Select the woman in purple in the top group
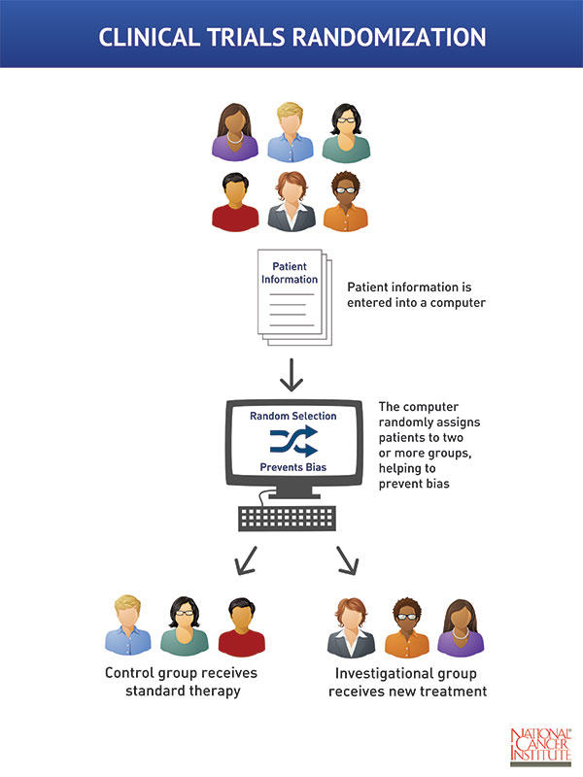point(235,131)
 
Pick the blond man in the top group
point(291,131)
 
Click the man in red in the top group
point(235,202)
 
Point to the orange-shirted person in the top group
point(346,202)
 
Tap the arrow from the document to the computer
point(291,375)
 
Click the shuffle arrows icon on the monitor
point(292,442)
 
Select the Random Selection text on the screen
point(292,416)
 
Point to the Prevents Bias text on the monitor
point(292,468)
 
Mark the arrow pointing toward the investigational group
point(348,559)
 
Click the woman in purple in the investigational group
point(461,626)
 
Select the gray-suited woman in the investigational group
point(352,626)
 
